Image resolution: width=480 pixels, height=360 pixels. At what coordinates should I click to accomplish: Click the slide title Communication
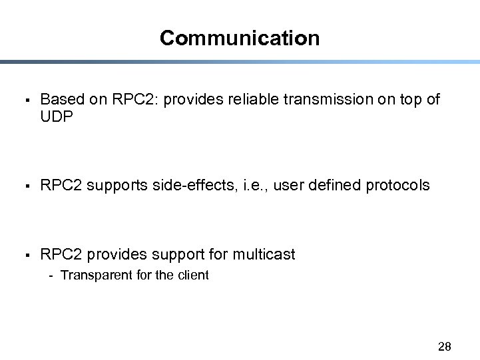[x=240, y=38]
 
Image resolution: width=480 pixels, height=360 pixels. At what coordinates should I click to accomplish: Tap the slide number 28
[x=445, y=346]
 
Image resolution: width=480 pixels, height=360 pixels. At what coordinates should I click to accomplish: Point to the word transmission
[x=323, y=100]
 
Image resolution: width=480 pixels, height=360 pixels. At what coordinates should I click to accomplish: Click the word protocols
[x=397, y=185]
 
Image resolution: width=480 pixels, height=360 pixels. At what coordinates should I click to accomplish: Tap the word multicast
[x=264, y=254]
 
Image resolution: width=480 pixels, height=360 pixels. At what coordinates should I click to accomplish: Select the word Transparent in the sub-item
[x=96, y=275]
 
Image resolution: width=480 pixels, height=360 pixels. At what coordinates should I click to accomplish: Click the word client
[x=193, y=275]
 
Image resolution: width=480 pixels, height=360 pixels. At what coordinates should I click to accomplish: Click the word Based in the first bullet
[x=62, y=100]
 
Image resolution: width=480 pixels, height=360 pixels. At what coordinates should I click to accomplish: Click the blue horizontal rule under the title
[x=240, y=62]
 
